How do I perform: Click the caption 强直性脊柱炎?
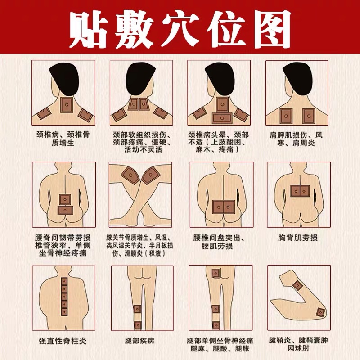[x=63, y=341]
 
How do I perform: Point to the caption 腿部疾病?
[x=141, y=341]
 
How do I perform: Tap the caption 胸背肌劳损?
[x=298, y=237]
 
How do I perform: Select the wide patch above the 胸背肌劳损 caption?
[x=299, y=191]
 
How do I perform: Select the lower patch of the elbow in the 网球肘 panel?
[x=321, y=312]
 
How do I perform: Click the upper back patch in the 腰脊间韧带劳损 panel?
[x=66, y=198]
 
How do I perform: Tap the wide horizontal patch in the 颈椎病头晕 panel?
[x=223, y=118]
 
